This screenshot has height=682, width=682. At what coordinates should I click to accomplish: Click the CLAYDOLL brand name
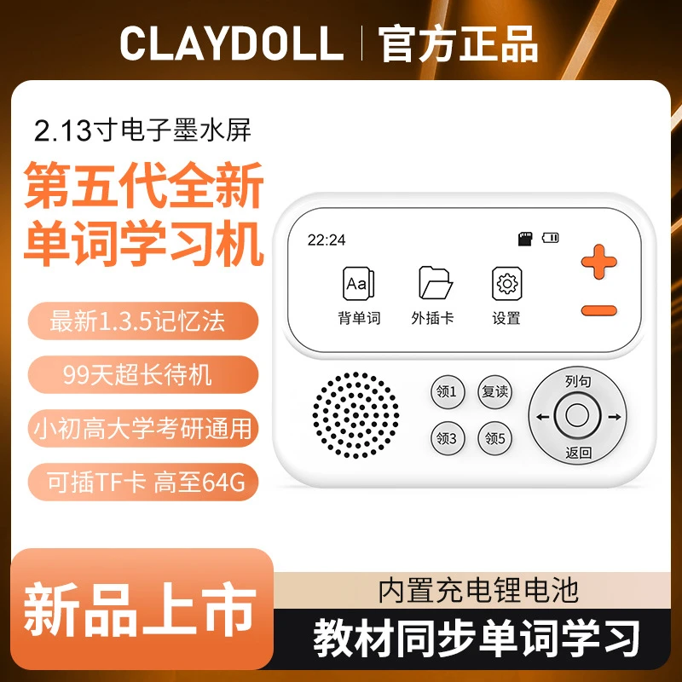(231, 43)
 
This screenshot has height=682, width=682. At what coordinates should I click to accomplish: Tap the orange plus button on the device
(598, 260)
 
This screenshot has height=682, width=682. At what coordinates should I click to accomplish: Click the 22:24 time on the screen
(327, 240)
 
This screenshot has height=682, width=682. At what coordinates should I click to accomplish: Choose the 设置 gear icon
(506, 283)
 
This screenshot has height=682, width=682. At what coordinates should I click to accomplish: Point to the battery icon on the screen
(550, 238)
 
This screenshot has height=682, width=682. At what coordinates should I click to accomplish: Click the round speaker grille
(355, 413)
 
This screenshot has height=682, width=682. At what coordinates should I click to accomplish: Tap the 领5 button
(494, 438)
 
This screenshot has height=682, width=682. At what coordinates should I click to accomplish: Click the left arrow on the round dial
(540, 417)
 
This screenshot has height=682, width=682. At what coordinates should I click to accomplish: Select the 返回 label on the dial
(578, 453)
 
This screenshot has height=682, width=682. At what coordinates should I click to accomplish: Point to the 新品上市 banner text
(139, 608)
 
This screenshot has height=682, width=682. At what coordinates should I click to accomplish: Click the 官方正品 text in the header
(459, 43)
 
